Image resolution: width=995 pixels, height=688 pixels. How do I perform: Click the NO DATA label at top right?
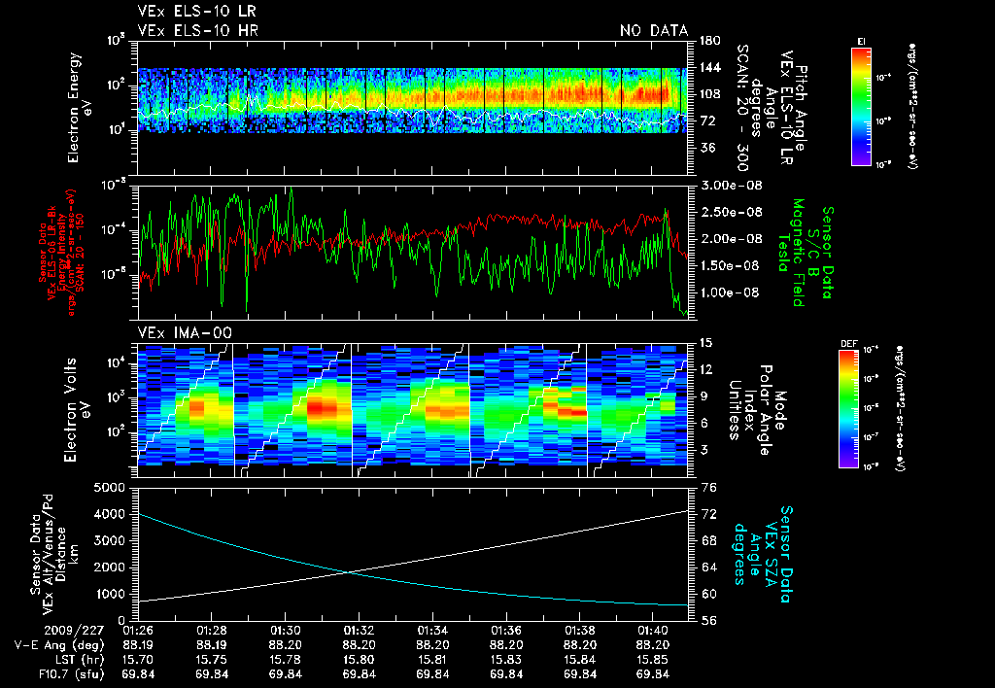[x=653, y=31]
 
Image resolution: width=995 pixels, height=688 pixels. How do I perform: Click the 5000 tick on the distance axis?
[x=116, y=487]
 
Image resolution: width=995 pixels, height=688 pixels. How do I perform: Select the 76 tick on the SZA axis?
[x=709, y=487]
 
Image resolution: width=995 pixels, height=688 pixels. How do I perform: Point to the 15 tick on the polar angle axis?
[x=705, y=342]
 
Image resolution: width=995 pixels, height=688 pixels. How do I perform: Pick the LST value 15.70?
[x=139, y=659]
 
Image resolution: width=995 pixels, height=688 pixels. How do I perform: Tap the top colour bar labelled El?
[x=860, y=102]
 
